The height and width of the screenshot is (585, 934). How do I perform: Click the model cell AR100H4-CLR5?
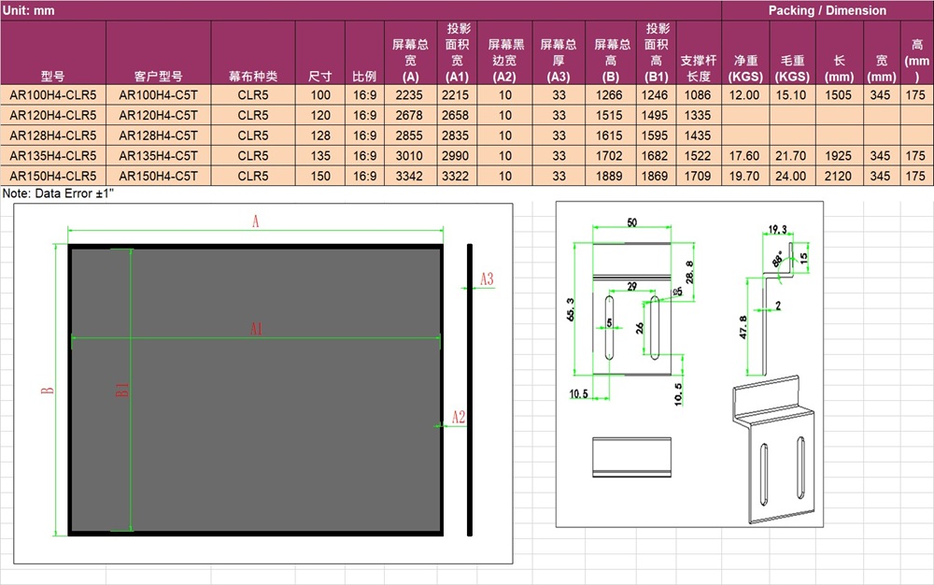(x=52, y=94)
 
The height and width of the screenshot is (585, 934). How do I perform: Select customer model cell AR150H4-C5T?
(x=158, y=176)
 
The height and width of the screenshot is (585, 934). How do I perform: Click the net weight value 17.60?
(x=744, y=155)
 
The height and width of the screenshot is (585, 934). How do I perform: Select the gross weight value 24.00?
(x=792, y=176)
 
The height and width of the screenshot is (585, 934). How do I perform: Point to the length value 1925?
(x=840, y=155)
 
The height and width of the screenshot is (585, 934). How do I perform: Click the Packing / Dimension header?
(x=827, y=10)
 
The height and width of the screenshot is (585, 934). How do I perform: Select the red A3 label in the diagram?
(x=487, y=278)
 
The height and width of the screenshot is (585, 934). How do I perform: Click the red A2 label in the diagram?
(x=459, y=417)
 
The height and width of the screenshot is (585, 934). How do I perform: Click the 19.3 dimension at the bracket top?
(x=778, y=229)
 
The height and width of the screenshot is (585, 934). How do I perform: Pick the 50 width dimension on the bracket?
(x=631, y=222)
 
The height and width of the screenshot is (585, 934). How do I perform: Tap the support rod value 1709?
(x=698, y=176)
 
